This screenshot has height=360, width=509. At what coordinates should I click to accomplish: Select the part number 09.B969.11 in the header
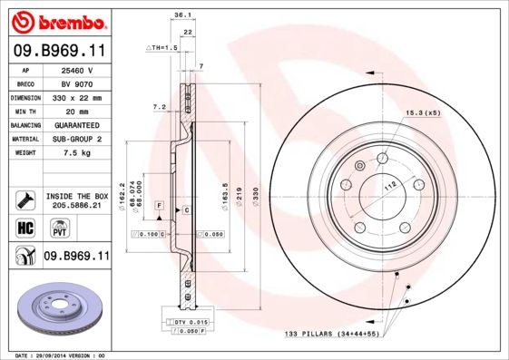[x=57, y=51]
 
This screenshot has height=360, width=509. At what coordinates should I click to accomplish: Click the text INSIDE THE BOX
[x=76, y=196]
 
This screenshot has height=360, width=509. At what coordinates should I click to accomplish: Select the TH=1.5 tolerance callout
[x=160, y=46]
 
